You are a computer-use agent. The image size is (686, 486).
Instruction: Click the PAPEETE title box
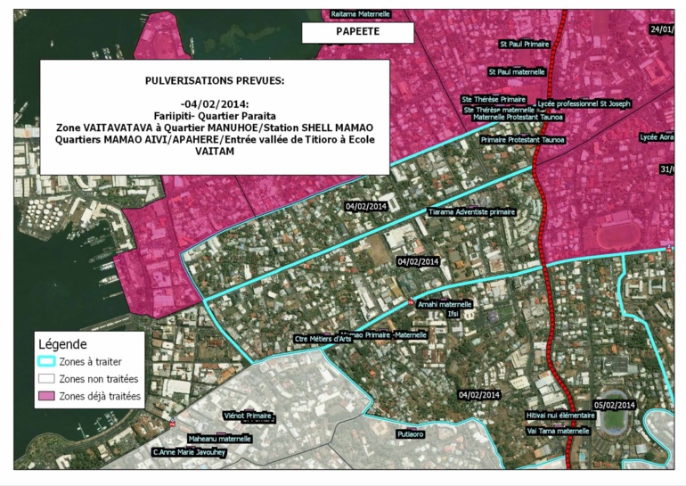tap(357, 32)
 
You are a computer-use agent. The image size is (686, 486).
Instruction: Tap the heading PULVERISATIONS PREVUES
tap(215, 80)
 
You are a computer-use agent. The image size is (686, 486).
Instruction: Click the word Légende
tap(61, 344)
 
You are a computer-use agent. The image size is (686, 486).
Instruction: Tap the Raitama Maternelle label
tap(361, 14)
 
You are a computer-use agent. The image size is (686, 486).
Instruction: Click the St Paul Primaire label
tap(524, 43)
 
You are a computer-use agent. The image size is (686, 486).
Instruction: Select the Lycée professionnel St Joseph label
tap(584, 103)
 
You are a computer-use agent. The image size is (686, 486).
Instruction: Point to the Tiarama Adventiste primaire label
tap(472, 212)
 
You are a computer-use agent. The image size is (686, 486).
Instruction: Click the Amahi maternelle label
tap(445, 303)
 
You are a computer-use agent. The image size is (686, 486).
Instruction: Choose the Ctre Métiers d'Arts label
tap(323, 339)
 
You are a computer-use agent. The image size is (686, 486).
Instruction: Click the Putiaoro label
tap(411, 434)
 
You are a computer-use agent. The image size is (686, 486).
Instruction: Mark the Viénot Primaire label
tap(247, 416)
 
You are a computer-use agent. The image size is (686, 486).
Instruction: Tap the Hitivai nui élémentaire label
tap(560, 416)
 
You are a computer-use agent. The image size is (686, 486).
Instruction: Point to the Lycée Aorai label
tap(658, 137)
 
